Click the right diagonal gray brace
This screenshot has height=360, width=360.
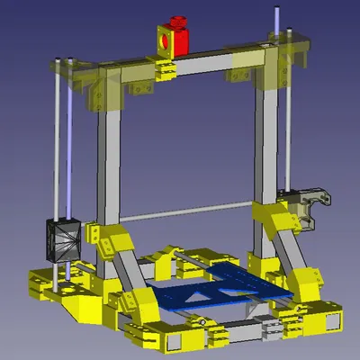point(291,247)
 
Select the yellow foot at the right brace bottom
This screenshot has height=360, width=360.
point(308,281)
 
